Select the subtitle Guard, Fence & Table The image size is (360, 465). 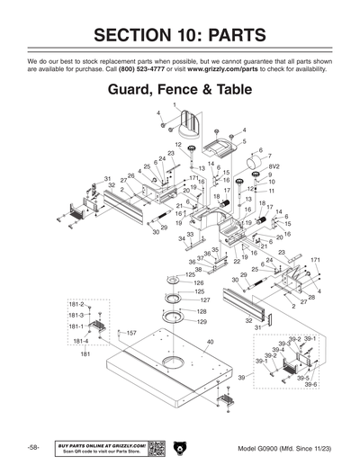click(180, 91)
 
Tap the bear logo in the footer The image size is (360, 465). click(180, 447)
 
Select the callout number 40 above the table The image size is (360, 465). click(210, 343)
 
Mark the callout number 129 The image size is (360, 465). click(202, 321)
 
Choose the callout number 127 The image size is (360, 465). click(205, 300)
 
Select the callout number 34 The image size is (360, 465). click(180, 238)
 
